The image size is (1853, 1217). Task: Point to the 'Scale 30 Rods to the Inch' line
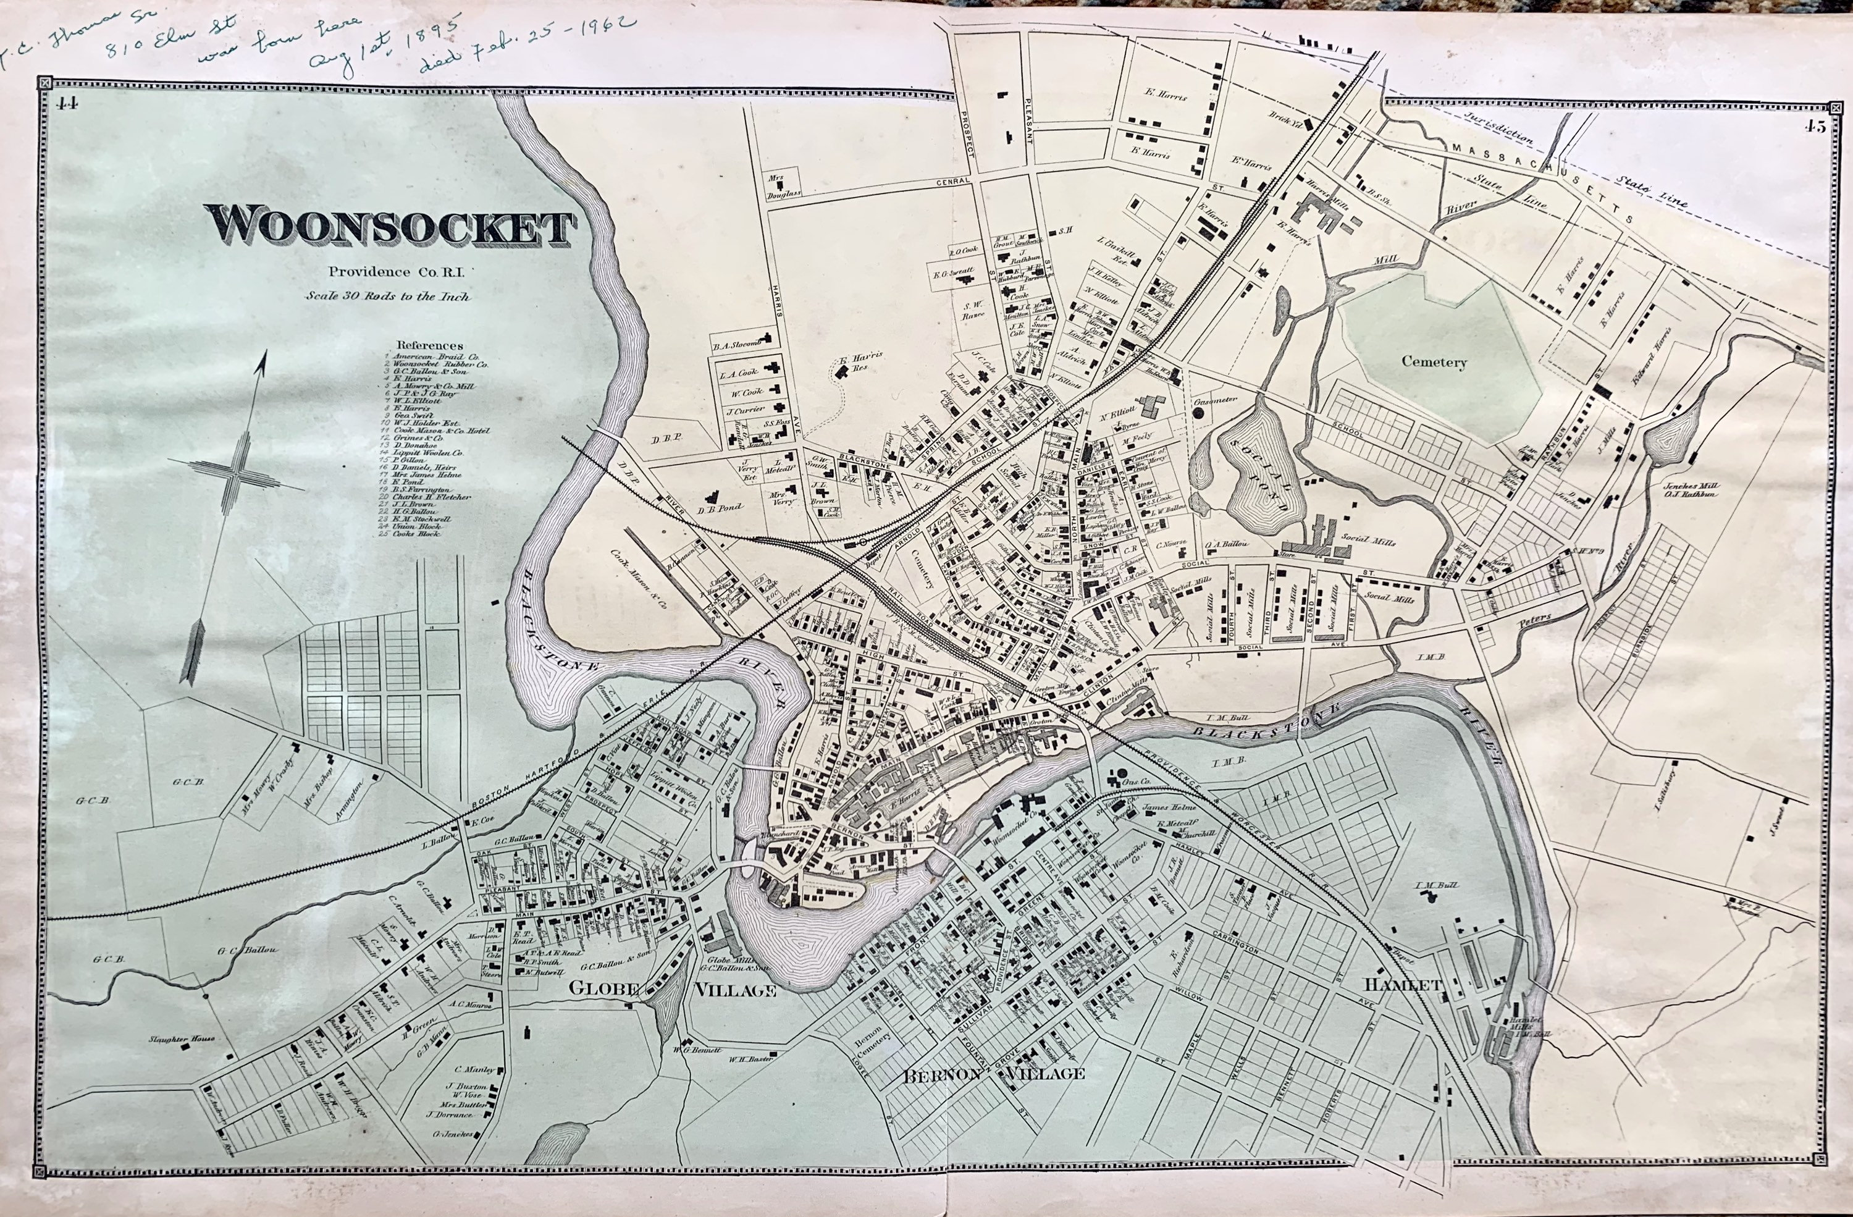point(388,297)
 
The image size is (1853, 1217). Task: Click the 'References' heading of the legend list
point(430,345)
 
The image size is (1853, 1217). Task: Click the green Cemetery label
point(1434,361)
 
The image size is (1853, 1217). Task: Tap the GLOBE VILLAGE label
point(673,990)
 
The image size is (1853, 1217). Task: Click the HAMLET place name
point(1399,985)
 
